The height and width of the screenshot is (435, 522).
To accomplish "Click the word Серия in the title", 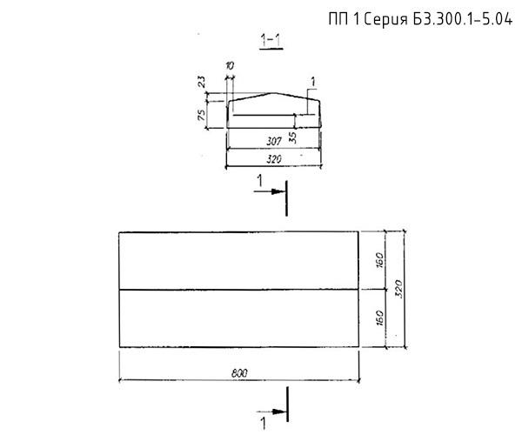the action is (x=385, y=20).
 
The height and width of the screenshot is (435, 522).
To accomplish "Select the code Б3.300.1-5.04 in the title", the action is (x=463, y=19).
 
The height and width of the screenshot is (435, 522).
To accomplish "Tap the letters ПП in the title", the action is (x=338, y=19).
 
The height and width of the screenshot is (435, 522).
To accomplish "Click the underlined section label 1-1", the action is (x=271, y=41).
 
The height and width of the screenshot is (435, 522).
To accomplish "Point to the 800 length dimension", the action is (x=239, y=373).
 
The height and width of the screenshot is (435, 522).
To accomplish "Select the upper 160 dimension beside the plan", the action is (x=379, y=260).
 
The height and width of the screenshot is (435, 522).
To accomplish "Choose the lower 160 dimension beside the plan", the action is (x=379, y=318).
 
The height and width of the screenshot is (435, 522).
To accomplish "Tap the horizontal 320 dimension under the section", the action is (x=274, y=159).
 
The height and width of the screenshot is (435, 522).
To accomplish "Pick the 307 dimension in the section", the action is (x=274, y=142).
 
